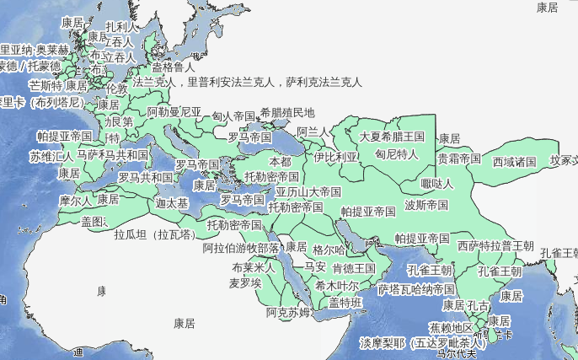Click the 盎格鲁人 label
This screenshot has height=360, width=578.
173,67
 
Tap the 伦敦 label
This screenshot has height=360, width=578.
118,89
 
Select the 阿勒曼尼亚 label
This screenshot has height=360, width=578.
174,111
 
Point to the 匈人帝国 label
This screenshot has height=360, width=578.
233,116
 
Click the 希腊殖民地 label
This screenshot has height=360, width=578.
286,112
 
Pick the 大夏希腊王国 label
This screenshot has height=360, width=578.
392,136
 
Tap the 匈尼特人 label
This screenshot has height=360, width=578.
396,154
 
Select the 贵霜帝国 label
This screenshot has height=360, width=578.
458,158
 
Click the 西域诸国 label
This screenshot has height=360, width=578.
514,161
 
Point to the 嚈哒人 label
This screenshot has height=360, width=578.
437,183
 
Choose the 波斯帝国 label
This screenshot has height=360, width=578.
426,205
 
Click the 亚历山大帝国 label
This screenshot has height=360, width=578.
308,191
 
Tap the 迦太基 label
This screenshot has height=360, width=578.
172,203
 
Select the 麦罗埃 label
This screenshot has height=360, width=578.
245,284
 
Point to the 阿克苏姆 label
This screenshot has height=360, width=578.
288,313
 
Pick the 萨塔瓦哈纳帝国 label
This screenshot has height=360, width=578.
416,289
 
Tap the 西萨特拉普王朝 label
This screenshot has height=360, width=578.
495,246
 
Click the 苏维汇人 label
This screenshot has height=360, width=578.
52,156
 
